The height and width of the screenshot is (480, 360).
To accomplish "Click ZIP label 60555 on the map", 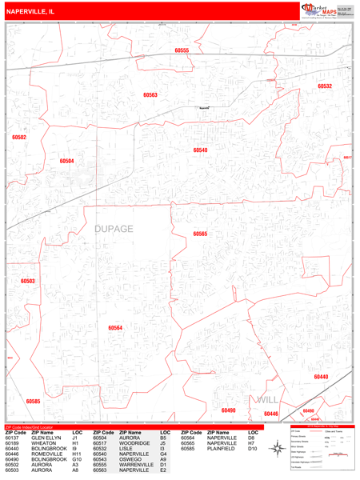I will click(182, 50).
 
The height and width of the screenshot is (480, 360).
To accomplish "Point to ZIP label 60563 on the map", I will click(150, 95).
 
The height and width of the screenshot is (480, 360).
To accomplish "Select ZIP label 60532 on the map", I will click(324, 86).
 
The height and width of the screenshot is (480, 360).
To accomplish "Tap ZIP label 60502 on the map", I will click(19, 138).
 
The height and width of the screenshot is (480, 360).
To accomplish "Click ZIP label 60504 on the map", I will click(66, 161).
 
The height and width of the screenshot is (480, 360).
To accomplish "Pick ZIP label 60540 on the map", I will click(200, 150).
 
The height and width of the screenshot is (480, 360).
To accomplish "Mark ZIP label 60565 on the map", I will click(200, 234).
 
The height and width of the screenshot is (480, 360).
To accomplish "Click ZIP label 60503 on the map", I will click(28, 281).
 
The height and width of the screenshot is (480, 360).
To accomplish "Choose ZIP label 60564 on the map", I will click(115, 328).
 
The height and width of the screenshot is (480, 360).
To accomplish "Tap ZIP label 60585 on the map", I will click(33, 401).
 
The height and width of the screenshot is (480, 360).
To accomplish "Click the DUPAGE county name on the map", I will click(114, 229).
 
